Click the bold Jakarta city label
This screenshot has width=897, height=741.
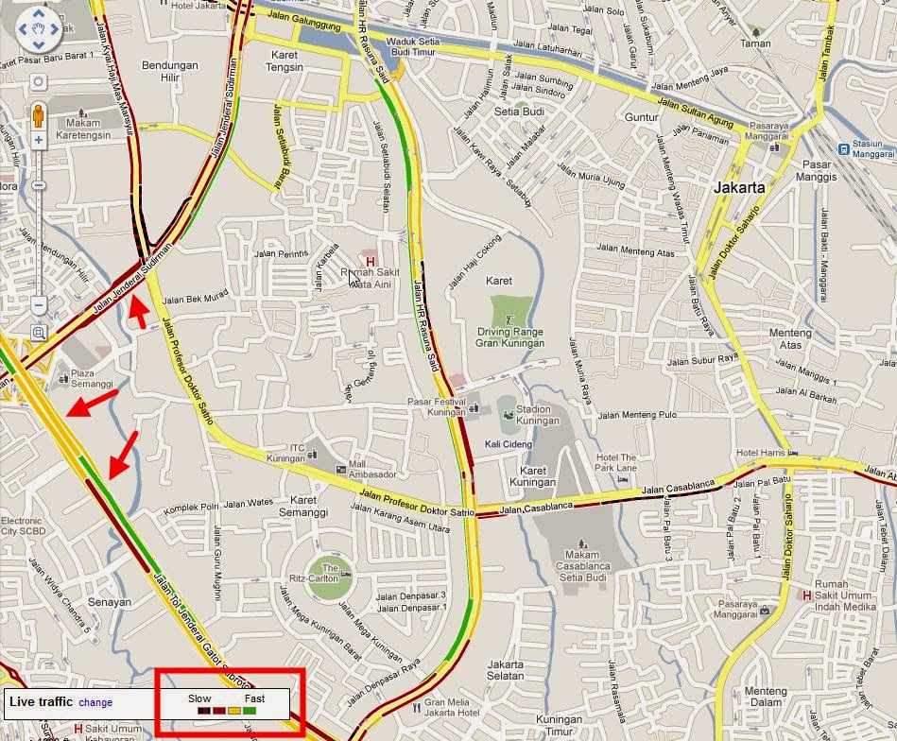(739, 187)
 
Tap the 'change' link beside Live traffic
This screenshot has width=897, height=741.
(95, 702)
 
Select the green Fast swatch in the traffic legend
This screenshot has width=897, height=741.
(250, 710)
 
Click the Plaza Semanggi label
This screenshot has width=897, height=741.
(92, 379)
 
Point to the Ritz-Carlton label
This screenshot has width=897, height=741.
(330, 573)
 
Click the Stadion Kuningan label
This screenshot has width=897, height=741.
(533, 415)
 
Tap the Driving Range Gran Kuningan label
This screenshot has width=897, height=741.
(511, 337)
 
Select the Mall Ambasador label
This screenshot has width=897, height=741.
(371, 469)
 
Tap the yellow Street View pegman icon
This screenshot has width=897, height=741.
(39, 115)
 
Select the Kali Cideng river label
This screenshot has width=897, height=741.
(508, 444)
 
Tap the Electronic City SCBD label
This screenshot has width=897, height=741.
(22, 526)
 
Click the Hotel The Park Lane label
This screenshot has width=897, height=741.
(615, 463)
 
